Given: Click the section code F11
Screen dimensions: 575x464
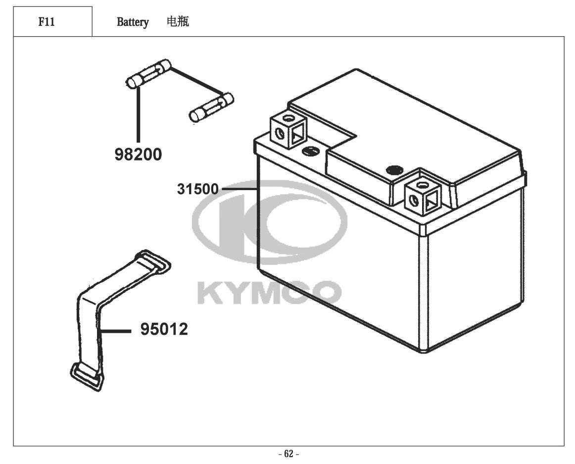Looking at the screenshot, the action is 47,22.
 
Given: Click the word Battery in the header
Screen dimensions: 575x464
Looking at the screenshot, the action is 133,22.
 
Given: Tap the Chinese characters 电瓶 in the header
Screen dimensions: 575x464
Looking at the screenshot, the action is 178,22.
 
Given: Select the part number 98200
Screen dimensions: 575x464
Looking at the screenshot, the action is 138,155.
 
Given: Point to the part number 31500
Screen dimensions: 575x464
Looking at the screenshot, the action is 197,189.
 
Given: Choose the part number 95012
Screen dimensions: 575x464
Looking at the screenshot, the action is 164,329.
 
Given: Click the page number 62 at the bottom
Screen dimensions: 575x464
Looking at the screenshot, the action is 289,454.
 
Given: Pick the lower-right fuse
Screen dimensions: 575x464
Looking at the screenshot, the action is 212,107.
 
